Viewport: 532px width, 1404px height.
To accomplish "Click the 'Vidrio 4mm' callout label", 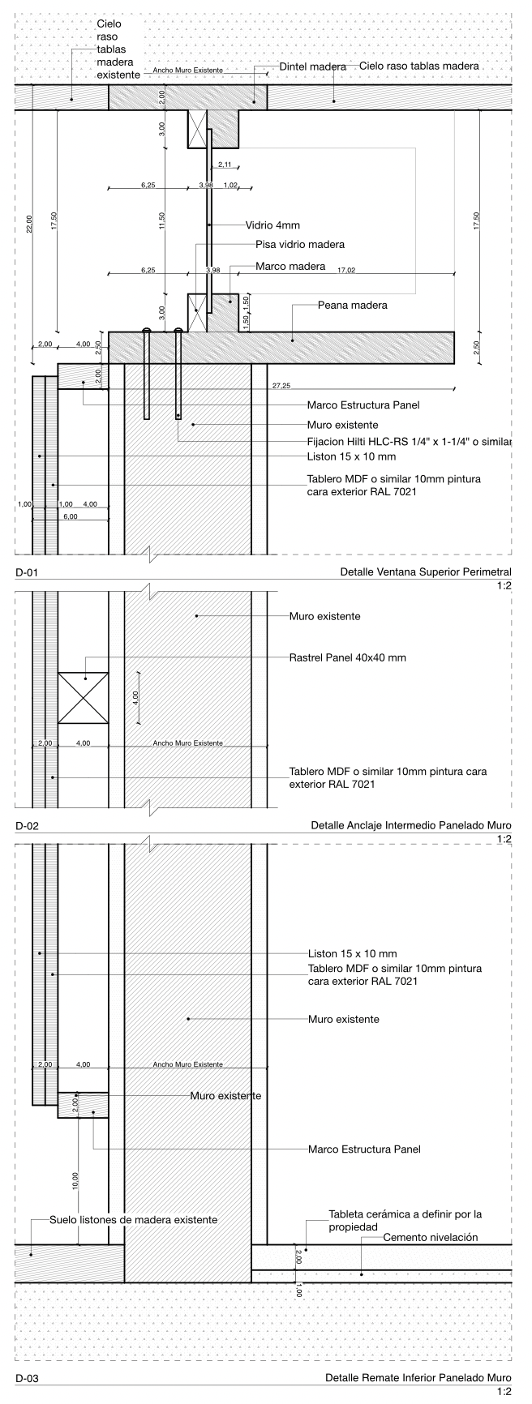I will [x=272, y=226].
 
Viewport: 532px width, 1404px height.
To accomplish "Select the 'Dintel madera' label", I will [x=313, y=66].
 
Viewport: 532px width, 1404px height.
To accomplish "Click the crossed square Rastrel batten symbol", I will [x=84, y=697].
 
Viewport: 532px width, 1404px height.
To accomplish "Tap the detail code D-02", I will [x=27, y=827].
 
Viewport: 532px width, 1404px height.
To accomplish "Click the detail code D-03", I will [x=27, y=1378].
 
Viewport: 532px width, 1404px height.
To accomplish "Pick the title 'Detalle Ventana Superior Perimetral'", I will [x=426, y=573].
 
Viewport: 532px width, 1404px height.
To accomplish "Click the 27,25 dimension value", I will [x=282, y=386].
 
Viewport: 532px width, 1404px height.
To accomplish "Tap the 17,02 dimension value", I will [x=346, y=270].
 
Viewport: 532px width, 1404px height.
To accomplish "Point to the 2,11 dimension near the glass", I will [x=225, y=165].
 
